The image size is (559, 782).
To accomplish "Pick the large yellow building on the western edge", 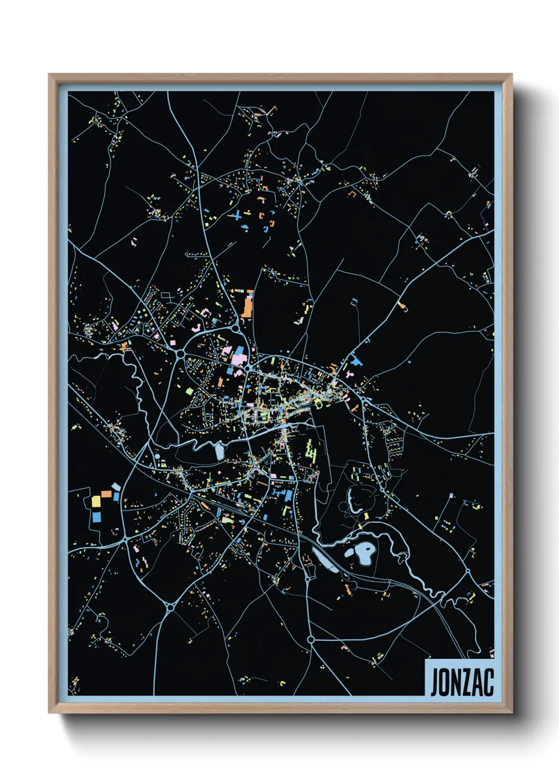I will pyautogui.click(x=96, y=501).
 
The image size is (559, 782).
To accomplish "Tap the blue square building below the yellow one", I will pyautogui.click(x=97, y=517).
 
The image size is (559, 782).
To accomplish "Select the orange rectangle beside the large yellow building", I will pyautogui.click(x=106, y=494).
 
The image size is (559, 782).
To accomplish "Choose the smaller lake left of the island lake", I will pyautogui.click(x=349, y=554).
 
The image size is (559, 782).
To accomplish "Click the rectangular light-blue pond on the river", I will pyautogui.click(x=219, y=452).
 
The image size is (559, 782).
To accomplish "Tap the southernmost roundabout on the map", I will pyautogui.click(x=311, y=639).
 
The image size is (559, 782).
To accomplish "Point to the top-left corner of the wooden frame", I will pyautogui.click(x=49, y=75).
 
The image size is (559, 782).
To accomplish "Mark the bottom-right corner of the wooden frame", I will pyautogui.click(x=511, y=712).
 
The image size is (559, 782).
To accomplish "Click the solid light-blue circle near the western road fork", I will pyautogui.click(x=157, y=456).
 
